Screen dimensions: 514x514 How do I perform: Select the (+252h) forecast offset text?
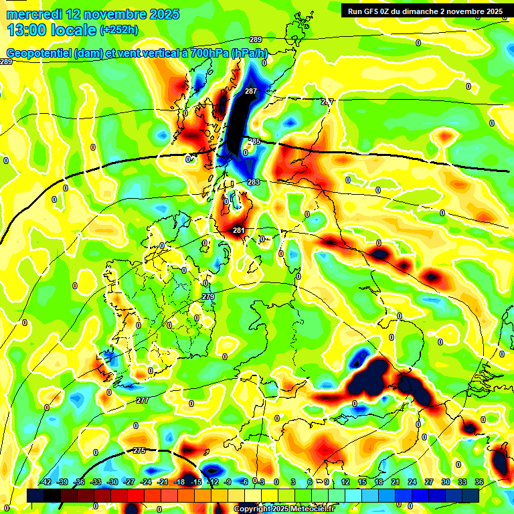[x=119, y=29]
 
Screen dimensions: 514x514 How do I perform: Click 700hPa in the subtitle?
[x=205, y=54]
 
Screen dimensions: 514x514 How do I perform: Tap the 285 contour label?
[x=254, y=141]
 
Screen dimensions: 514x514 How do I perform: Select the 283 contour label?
[x=253, y=182]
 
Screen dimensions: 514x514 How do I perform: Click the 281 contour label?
[x=238, y=230]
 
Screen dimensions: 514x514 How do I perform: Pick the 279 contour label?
[x=207, y=296]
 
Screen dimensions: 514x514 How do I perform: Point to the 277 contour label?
[x=142, y=400]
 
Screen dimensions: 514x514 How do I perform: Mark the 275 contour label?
[x=139, y=450]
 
